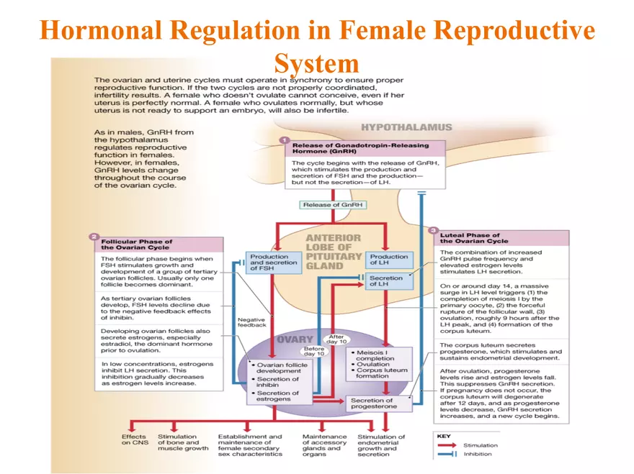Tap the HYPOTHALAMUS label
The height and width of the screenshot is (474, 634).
[x=407, y=127]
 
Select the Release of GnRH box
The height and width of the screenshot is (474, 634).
[x=333, y=204]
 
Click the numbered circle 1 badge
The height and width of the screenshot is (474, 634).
[x=285, y=140]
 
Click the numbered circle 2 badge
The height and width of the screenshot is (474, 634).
[x=94, y=236]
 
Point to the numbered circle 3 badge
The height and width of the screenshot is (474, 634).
[x=433, y=230]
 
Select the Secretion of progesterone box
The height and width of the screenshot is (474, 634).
[x=374, y=404]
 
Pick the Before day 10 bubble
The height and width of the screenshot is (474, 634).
[x=314, y=352]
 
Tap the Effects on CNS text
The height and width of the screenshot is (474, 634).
[x=134, y=440]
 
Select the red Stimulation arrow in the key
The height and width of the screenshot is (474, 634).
[x=447, y=445]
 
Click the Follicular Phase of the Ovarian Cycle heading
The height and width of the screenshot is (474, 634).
[x=137, y=245]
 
